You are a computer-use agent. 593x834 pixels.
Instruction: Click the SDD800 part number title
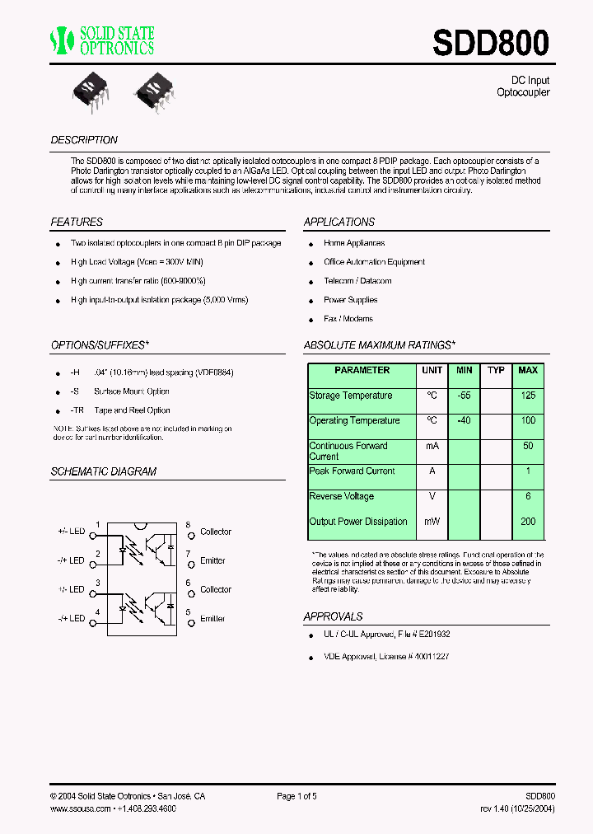(x=491, y=43)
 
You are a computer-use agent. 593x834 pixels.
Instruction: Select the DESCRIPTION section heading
(x=84, y=140)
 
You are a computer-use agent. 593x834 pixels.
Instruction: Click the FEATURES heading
(x=77, y=222)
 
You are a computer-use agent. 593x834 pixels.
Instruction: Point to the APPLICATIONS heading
(x=339, y=222)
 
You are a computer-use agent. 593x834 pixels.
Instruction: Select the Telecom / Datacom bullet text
(x=357, y=281)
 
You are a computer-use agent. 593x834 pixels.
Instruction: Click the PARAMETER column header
(x=362, y=371)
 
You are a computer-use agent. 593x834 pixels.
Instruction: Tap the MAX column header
(x=528, y=371)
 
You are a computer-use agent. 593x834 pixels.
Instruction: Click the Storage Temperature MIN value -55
(x=464, y=396)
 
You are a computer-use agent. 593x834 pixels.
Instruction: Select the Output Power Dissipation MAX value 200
(x=528, y=522)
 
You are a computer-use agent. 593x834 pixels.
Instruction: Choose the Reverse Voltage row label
(x=341, y=496)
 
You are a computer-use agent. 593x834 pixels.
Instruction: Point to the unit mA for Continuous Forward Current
(x=432, y=446)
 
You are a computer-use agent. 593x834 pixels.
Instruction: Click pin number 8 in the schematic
(x=188, y=525)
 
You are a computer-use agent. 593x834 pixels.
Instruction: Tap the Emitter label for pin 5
(x=212, y=619)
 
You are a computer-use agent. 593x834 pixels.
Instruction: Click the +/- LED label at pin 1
(x=71, y=532)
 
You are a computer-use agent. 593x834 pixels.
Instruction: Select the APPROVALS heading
(x=333, y=616)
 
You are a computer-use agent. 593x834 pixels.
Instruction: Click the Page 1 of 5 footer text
(x=296, y=797)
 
